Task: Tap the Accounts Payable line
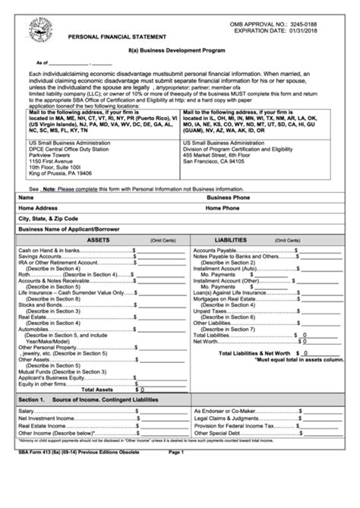click(x=215, y=250)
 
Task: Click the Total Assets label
click(x=111, y=367)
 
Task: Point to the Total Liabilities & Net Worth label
click(x=254, y=353)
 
